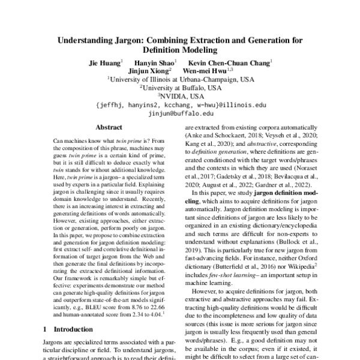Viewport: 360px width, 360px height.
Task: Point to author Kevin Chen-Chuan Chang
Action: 229,62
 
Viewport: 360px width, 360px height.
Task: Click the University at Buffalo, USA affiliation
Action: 180,87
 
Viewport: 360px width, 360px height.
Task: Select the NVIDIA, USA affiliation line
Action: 180,95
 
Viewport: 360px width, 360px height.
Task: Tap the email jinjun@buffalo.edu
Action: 180,112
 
